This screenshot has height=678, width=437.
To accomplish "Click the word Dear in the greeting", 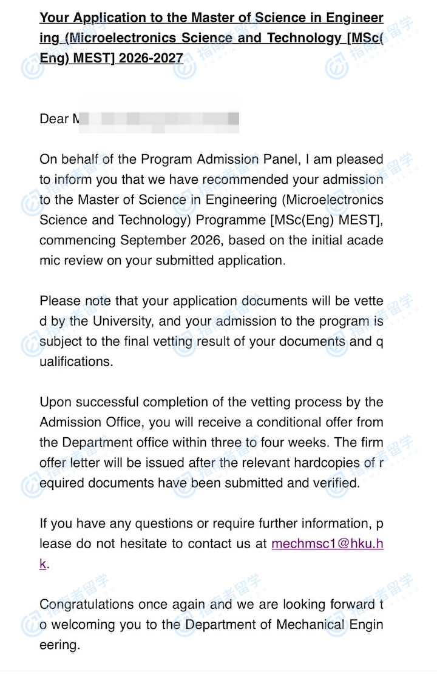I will click(x=54, y=119).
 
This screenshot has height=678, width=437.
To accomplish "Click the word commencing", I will click(x=78, y=240).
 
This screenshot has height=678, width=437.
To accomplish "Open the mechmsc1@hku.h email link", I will click(x=327, y=543).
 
